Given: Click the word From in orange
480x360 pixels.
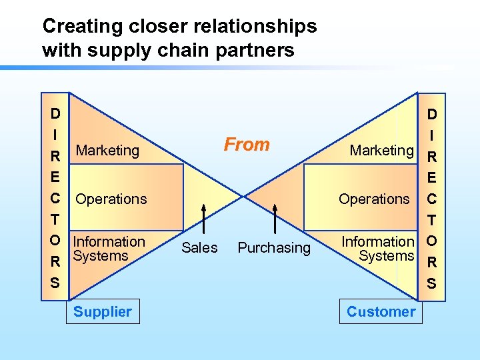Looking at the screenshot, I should tap(247, 145).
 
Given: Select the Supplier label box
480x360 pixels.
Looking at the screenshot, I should tap(103, 311).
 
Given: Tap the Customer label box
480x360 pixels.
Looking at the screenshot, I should tap(381, 311).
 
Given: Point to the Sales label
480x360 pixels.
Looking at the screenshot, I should tap(199, 248).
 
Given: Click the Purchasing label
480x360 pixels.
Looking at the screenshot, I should tap(274, 248).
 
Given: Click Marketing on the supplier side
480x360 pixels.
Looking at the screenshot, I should tap(107, 151).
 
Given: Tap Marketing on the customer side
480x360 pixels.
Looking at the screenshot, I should tap(381, 151).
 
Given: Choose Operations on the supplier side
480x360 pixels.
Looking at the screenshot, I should tap(111, 199).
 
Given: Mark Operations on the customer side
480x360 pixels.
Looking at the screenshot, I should tap(374, 199).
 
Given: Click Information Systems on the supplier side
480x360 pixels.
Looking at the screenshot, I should tap(108, 249).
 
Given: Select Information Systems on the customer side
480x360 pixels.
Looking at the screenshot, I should tap(378, 249).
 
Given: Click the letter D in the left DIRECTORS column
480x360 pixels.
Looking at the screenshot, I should tap(55, 114).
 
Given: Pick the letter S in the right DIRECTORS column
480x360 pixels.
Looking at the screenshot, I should tap(432, 283).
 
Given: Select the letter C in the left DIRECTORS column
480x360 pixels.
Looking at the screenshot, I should tap(55, 199).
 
